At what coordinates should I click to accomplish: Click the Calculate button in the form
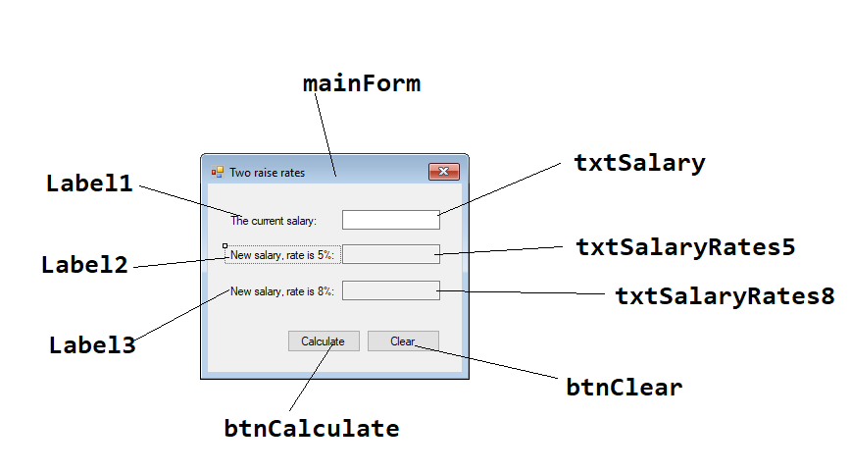pyautogui.click(x=323, y=341)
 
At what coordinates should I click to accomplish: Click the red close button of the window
pyautogui.click(x=444, y=172)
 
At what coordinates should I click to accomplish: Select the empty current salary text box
pyautogui.click(x=390, y=220)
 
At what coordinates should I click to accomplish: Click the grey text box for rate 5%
pyautogui.click(x=390, y=255)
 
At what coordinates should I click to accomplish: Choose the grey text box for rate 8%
pyautogui.click(x=390, y=290)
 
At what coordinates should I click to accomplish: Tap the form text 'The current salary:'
pyautogui.click(x=274, y=221)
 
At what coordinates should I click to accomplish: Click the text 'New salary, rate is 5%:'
pyautogui.click(x=281, y=255)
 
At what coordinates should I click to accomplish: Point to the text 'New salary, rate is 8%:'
pyautogui.click(x=281, y=290)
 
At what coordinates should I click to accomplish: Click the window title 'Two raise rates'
pyautogui.click(x=267, y=173)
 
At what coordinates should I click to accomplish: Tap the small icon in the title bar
pyautogui.click(x=218, y=172)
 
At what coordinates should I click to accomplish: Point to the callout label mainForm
pyautogui.click(x=362, y=84)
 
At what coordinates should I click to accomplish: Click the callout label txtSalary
pyautogui.click(x=639, y=163)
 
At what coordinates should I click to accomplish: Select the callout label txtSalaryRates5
pyautogui.click(x=684, y=246)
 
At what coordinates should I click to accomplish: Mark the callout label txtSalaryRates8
pyautogui.click(x=725, y=295)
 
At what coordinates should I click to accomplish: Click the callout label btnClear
pyautogui.click(x=624, y=387)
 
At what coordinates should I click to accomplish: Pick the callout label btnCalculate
pyautogui.click(x=312, y=429)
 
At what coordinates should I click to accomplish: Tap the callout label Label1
pyautogui.click(x=89, y=184)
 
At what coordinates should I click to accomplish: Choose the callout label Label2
pyautogui.click(x=84, y=265)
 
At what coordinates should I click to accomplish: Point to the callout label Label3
pyautogui.click(x=92, y=345)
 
